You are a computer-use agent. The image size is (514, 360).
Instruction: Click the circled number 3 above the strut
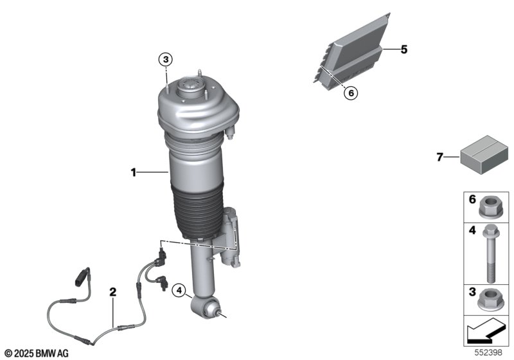point(166,60)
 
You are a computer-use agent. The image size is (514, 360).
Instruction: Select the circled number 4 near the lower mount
point(179,290)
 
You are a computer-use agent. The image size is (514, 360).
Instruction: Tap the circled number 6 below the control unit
point(351,93)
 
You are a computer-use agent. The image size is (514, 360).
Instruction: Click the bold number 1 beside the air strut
point(134,172)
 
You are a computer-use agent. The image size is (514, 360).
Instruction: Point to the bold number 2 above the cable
point(113,291)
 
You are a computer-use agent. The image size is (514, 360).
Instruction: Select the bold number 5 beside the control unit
point(404,50)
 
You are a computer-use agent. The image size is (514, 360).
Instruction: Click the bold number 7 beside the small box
point(440,157)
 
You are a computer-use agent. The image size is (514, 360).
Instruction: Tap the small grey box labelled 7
point(484,155)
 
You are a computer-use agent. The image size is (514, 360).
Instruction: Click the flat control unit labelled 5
point(352,51)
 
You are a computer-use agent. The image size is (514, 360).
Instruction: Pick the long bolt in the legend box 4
point(491,253)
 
